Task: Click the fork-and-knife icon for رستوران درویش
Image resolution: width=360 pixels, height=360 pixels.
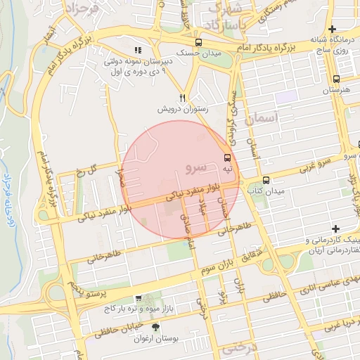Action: coord(183,98)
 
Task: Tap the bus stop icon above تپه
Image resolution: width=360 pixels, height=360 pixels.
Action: coord(227,158)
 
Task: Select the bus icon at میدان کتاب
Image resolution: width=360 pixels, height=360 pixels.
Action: coord(266,180)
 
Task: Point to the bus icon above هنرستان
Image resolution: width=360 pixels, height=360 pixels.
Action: coord(337,79)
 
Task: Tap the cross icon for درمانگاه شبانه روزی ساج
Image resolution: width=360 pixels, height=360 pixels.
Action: coord(350,29)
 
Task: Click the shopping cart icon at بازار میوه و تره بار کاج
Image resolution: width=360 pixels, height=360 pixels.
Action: coord(138,299)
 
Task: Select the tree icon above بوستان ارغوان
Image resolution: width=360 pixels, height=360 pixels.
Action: coord(155,328)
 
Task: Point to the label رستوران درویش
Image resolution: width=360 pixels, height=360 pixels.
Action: coord(181,110)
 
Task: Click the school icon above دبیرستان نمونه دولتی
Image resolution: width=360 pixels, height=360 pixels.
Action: coord(138,50)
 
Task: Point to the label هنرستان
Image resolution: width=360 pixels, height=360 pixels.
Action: coord(335,91)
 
